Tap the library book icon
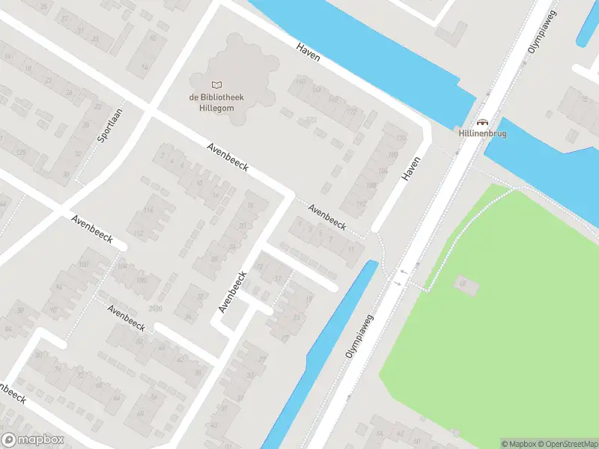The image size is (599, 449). [216, 85]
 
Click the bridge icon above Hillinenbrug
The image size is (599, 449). [482, 122]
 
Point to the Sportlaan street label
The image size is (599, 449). [109, 126]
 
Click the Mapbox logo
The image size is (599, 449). [31, 440]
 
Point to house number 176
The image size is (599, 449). [400, 138]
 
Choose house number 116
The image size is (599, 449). [148, 210]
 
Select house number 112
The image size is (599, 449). [139, 233]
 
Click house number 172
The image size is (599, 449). [351, 111]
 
